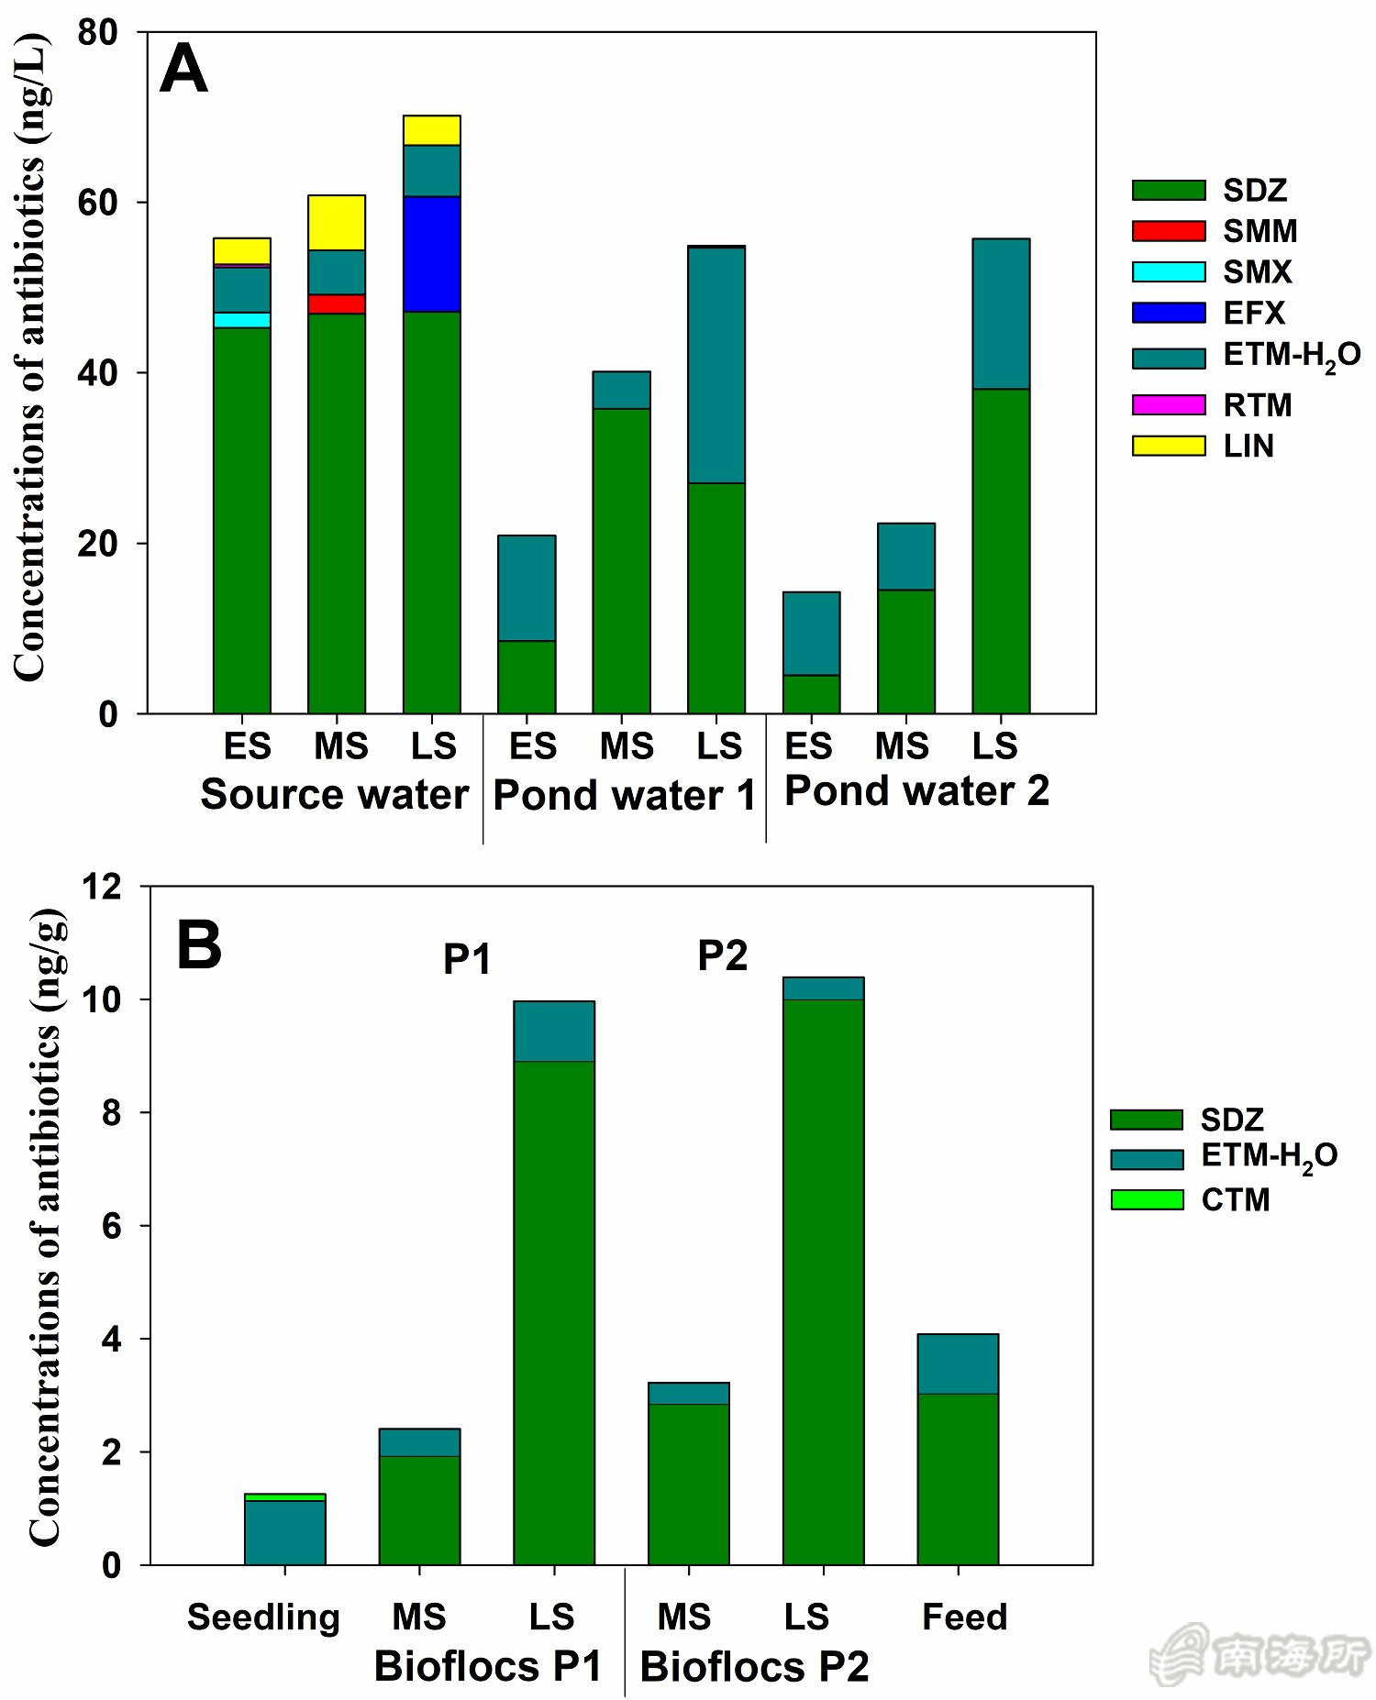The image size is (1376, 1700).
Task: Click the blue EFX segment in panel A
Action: (431, 254)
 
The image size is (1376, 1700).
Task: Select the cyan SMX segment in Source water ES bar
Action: (241, 320)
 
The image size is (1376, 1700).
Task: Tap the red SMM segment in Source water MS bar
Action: (337, 304)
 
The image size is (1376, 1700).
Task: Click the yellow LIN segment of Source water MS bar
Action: (337, 223)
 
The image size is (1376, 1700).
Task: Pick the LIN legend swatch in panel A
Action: (1168, 446)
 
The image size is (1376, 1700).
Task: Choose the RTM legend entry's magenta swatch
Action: (1168, 404)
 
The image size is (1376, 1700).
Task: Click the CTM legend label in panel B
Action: (1235, 1199)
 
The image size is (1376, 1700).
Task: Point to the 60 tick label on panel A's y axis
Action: (98, 203)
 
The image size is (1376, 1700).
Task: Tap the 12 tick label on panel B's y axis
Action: (102, 887)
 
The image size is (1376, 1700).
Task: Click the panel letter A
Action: (183, 70)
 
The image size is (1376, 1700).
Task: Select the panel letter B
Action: (199, 945)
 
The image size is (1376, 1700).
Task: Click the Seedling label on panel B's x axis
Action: (263, 1617)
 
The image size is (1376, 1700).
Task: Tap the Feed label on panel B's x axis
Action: (964, 1617)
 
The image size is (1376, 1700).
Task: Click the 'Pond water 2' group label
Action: (916, 791)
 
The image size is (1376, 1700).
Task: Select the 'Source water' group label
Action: (334, 794)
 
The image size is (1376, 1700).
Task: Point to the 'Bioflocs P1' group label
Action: (487, 1666)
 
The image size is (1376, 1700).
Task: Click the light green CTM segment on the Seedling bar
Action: (284, 1497)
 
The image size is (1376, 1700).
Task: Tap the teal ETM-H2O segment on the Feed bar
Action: (958, 1363)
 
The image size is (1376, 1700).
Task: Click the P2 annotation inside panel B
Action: (722, 955)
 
